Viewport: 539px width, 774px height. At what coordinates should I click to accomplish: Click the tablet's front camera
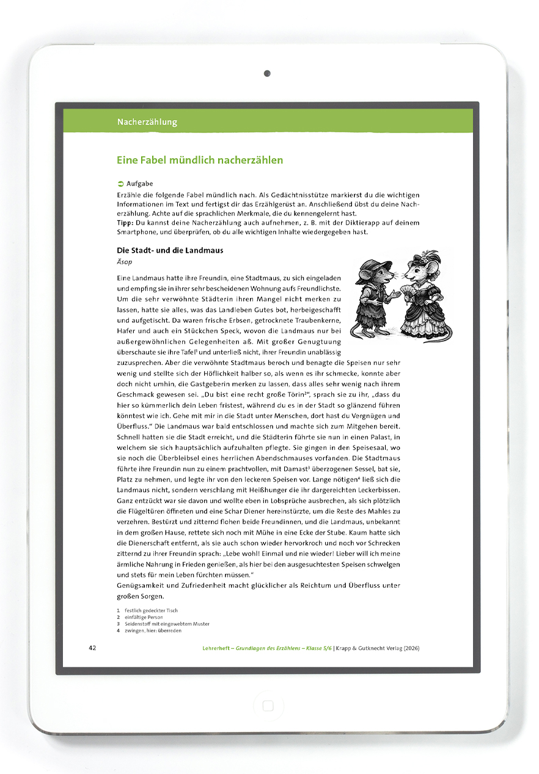coord(267,74)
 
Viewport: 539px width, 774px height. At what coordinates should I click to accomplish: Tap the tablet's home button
coord(268,706)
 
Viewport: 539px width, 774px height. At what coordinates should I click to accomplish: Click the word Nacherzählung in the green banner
coord(147,122)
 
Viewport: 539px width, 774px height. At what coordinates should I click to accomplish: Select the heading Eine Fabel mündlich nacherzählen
coord(200,161)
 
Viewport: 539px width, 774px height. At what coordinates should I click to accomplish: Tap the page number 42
coord(93,648)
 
